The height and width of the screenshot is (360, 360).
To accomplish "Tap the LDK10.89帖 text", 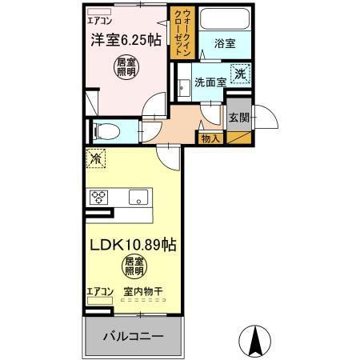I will tap(133, 245).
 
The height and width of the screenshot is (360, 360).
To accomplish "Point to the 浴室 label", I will tap(224, 45).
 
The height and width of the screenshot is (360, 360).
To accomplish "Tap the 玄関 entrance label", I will tap(239, 117).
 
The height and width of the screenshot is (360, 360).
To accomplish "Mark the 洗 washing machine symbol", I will tap(240, 74).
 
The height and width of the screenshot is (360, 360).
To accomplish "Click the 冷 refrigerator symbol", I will tap(95, 159).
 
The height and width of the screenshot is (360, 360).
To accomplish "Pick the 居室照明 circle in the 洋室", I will tap(126, 68).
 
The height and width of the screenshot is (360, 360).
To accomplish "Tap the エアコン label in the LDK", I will tap(100, 291).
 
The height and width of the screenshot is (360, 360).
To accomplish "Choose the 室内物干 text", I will tap(143, 292).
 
